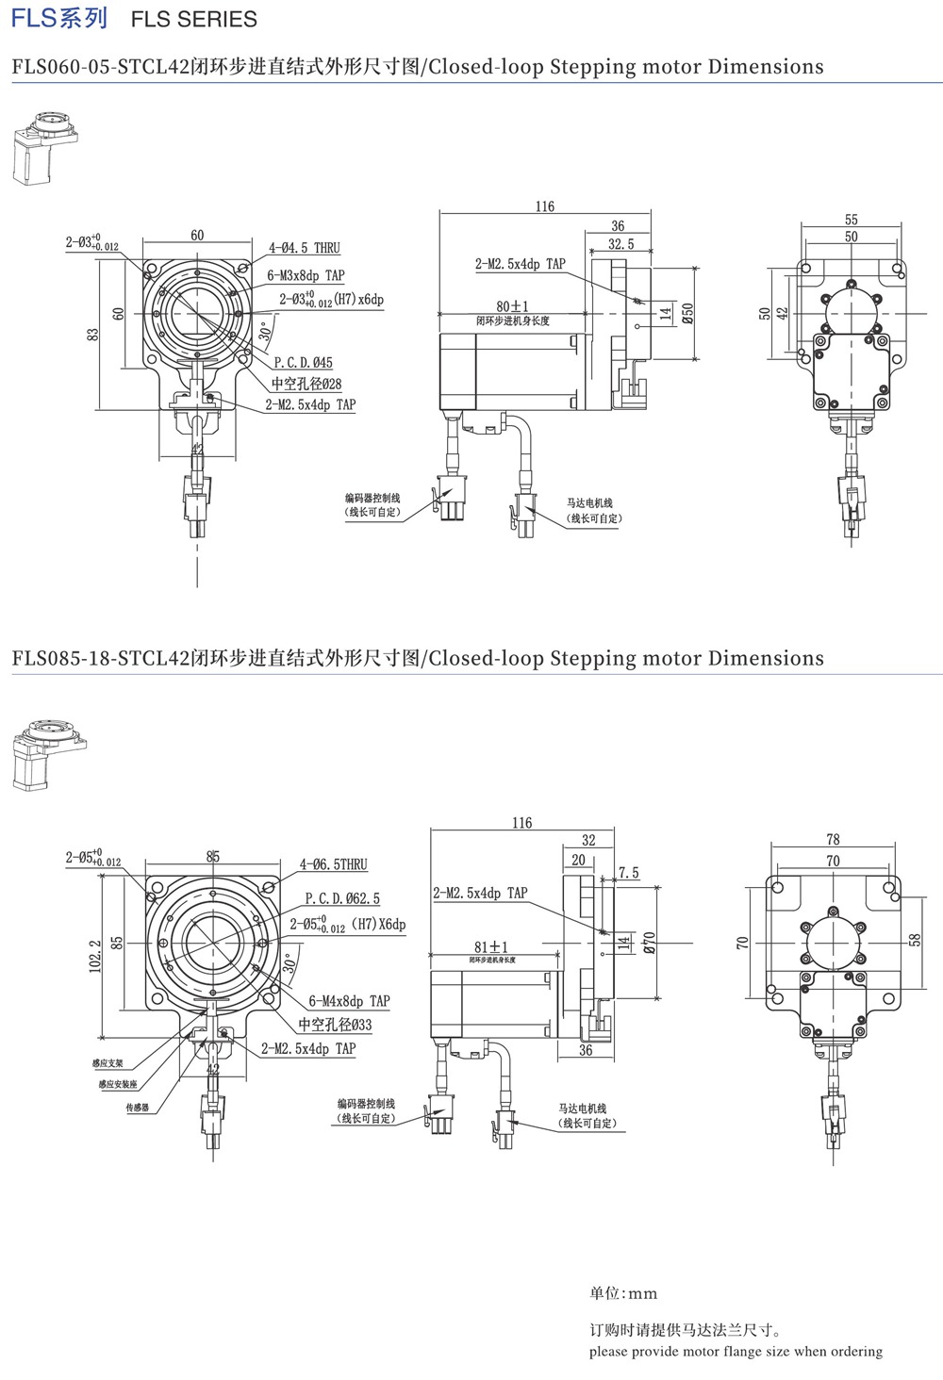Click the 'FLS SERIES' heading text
[x=193, y=19]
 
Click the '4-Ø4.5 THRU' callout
[x=304, y=248]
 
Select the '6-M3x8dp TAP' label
[x=306, y=275]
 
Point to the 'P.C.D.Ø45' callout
[x=303, y=362]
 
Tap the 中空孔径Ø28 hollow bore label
[x=306, y=384]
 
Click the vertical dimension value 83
[x=93, y=335]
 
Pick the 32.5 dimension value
[x=620, y=243]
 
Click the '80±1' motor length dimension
[x=513, y=306]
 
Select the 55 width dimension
[x=852, y=219]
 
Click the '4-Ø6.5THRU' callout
[x=334, y=863]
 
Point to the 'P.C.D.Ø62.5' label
[x=342, y=898]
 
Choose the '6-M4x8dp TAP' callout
[x=349, y=1001]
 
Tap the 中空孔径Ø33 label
[x=335, y=1024]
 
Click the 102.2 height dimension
[x=94, y=956]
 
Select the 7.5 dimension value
[x=629, y=873]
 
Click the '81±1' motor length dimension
[x=491, y=946]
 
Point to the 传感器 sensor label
[x=138, y=1108]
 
